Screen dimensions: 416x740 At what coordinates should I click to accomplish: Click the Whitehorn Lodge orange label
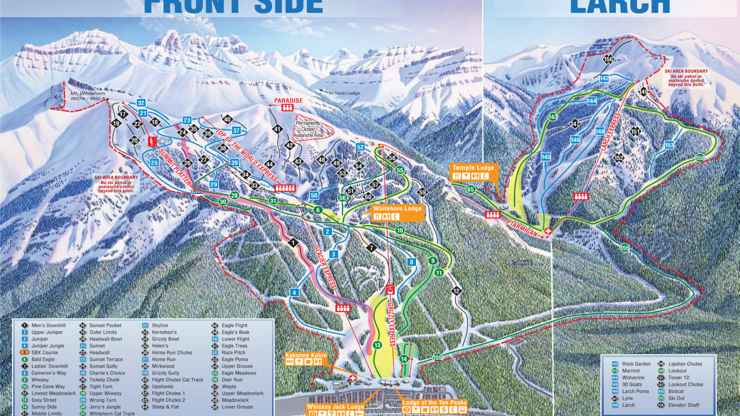[397, 208]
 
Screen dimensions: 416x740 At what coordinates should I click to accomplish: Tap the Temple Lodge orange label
[473, 168]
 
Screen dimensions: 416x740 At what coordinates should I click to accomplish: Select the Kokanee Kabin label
[306, 355]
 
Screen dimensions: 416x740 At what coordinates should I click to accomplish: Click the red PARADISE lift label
[288, 100]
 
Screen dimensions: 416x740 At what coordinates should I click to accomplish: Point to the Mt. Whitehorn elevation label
[88, 96]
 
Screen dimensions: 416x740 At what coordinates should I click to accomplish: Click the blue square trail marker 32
[141, 103]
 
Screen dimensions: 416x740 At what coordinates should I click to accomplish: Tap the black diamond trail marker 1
[292, 243]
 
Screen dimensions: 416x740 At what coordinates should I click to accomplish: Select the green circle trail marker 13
[377, 345]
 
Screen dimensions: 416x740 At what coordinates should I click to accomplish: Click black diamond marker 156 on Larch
[608, 59]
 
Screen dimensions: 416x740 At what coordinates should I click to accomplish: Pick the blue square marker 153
[669, 145]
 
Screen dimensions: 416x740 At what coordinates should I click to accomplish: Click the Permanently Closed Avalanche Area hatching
[314, 127]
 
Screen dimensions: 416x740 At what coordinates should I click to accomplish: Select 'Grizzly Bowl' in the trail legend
[165, 339]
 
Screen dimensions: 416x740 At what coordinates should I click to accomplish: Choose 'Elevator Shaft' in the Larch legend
[684, 405]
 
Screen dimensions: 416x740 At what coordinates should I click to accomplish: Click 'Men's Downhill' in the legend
[49, 325]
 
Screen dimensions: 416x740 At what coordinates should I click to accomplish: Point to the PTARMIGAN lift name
[522, 228]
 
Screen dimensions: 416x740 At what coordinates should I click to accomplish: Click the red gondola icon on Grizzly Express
[390, 290]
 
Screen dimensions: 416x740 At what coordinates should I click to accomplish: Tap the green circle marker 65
[470, 189]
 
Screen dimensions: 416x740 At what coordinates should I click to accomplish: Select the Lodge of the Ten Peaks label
[434, 402]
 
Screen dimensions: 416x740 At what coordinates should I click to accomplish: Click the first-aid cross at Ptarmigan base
[548, 231]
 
